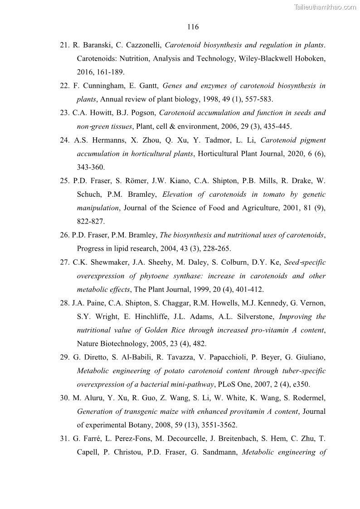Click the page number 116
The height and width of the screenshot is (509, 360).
pos(193,27)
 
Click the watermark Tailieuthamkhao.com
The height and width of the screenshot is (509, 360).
pos(325,7)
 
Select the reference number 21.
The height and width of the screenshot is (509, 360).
pos(64,45)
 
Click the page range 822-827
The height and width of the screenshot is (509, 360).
pos(91,222)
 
